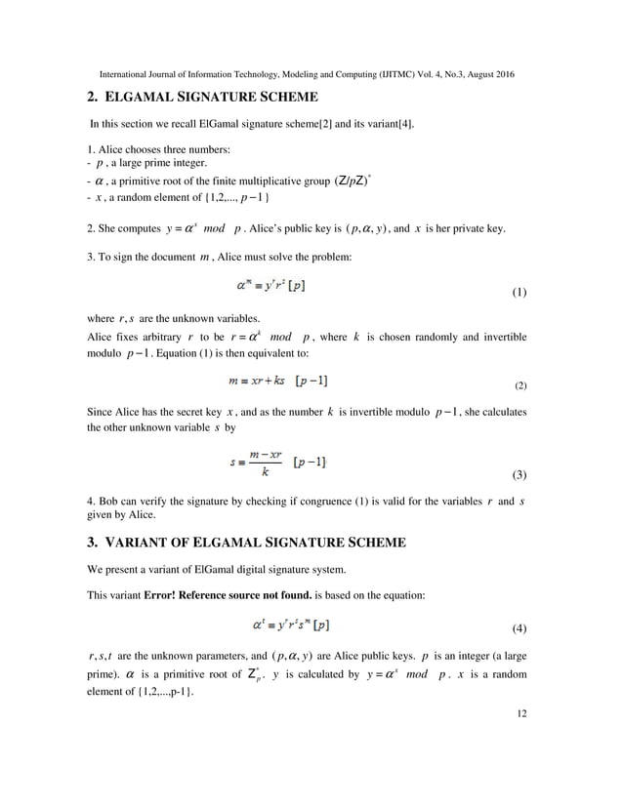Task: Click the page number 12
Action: click(519, 713)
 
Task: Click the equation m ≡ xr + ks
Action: click(279, 378)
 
